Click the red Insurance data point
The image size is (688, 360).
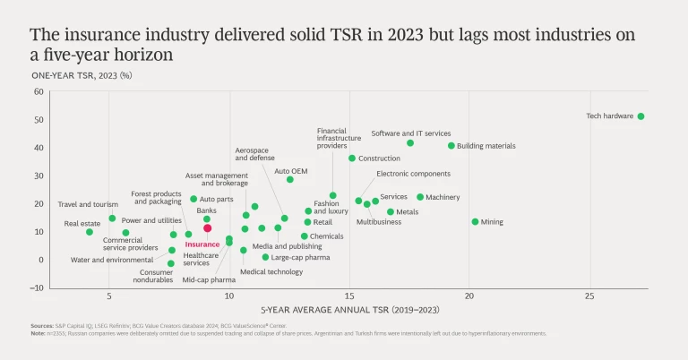tap(207, 228)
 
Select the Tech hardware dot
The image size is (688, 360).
tap(641, 116)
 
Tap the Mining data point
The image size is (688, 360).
tap(475, 222)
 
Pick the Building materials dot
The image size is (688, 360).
tap(451, 146)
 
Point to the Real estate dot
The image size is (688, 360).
tap(90, 232)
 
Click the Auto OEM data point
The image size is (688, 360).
tap(289, 179)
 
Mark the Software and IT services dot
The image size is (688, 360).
tap(410, 143)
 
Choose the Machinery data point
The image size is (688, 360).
tap(420, 197)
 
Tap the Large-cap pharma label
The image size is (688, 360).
tap(300, 257)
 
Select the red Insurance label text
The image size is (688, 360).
tap(202, 244)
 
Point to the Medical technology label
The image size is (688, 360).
tap(271, 271)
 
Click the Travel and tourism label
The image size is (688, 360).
tap(88, 204)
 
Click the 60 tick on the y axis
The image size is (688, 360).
tap(39, 92)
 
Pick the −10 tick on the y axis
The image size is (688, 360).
tap(37, 288)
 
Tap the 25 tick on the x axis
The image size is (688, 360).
tap(589, 296)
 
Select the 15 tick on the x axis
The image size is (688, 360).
tap(349, 296)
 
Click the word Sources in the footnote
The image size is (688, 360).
tap(42, 327)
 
